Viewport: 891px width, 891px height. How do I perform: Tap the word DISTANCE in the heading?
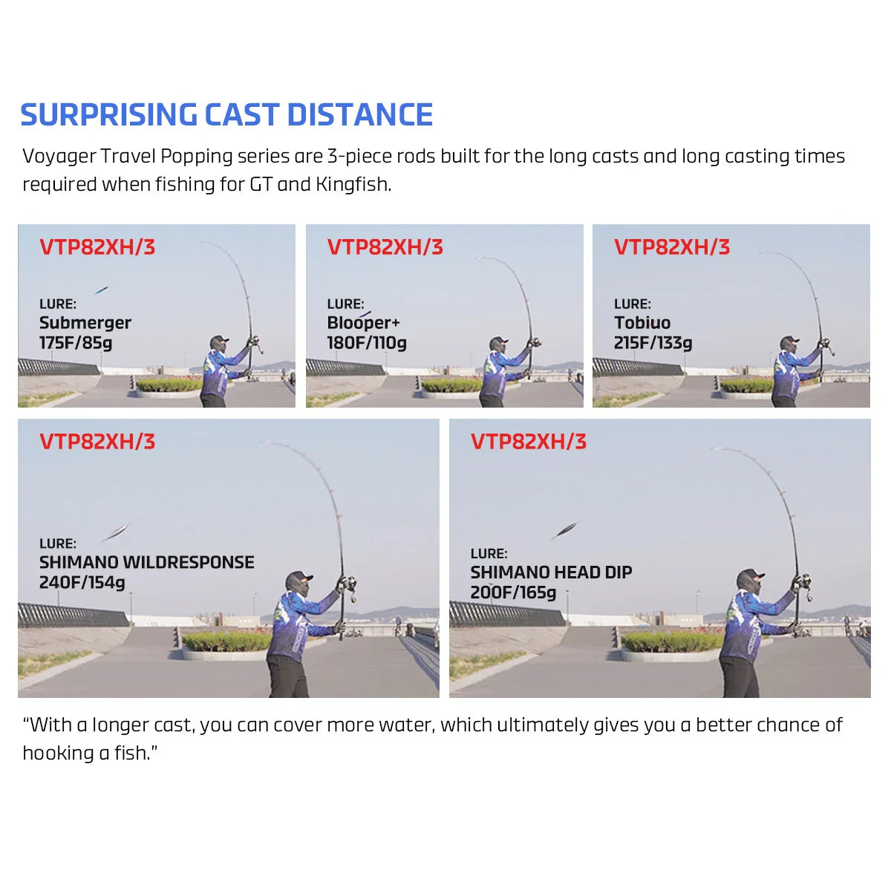pos(359,115)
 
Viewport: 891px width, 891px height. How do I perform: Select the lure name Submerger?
pos(85,323)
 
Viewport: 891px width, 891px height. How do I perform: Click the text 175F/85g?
pos(76,343)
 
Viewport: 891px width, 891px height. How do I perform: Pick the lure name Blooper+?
pos(363,323)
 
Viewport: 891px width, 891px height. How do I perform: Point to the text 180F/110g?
pos(367,343)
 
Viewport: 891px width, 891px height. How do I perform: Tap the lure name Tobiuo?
pos(642,323)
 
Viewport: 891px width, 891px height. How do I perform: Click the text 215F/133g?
pos(653,343)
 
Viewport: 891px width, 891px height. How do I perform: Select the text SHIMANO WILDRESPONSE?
pos(147,562)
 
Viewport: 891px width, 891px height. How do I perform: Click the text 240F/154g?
pos(82,582)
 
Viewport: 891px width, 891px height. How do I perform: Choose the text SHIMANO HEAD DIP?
pos(551,572)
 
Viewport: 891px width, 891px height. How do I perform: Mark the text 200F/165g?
pos(513,593)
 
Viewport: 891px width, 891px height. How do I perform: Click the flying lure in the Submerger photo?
pos(101,290)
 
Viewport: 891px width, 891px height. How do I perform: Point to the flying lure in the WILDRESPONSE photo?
pos(115,532)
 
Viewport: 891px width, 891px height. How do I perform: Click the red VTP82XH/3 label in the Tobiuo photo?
pos(672,247)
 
